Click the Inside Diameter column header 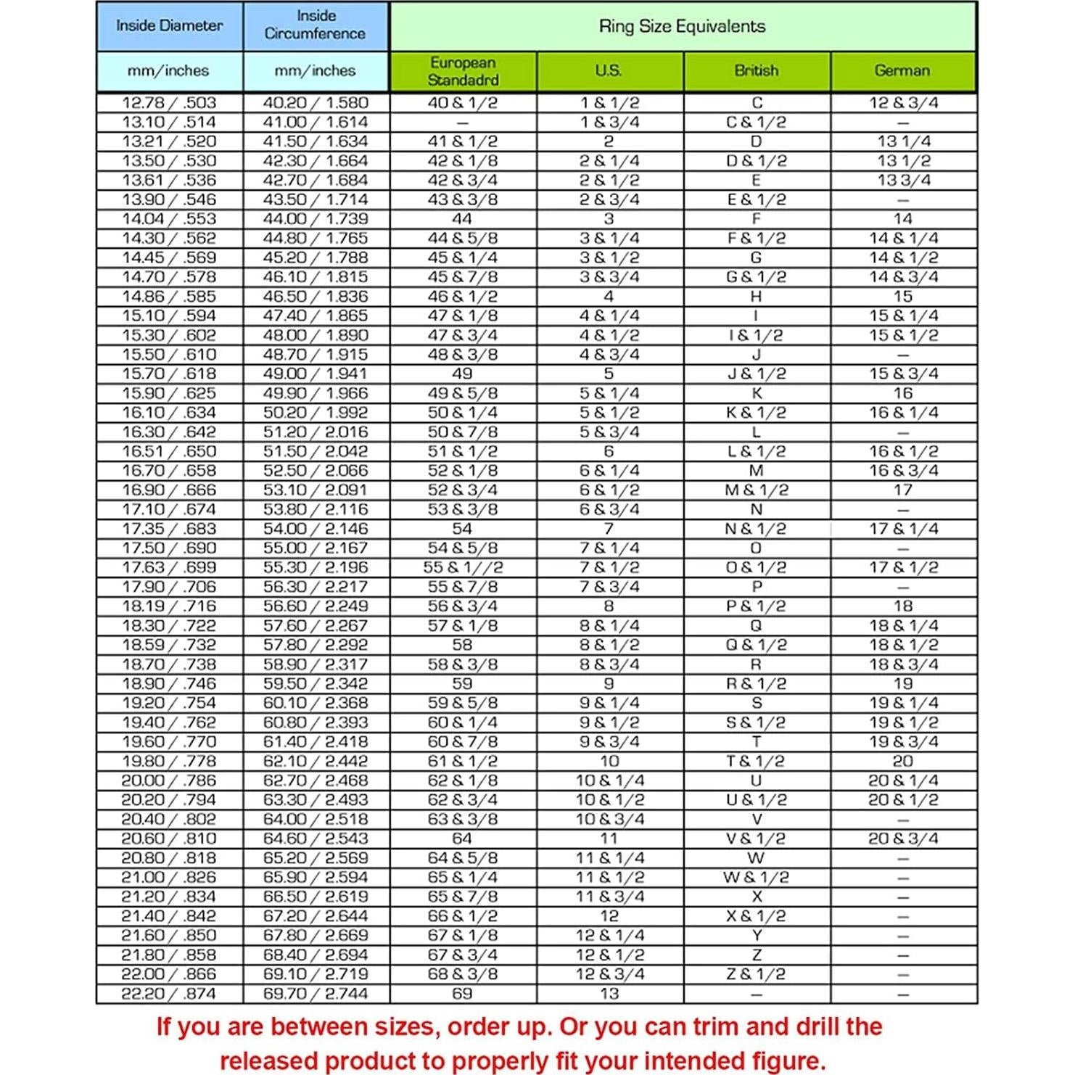pyautogui.click(x=169, y=26)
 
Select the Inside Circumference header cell pyautogui.click(x=315, y=25)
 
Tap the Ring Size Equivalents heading pyautogui.click(x=682, y=27)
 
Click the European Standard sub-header pyautogui.click(x=462, y=71)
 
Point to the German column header pyautogui.click(x=902, y=71)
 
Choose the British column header pyautogui.click(x=756, y=71)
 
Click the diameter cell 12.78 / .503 pyautogui.click(x=169, y=103)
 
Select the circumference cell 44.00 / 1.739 pyautogui.click(x=316, y=219)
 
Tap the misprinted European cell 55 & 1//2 pyautogui.click(x=463, y=568)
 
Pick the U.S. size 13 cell pyautogui.click(x=609, y=994)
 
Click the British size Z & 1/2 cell pyautogui.click(x=756, y=974)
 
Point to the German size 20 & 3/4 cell pyautogui.click(x=903, y=839)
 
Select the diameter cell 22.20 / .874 pyautogui.click(x=169, y=994)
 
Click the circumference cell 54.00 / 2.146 pyautogui.click(x=316, y=529)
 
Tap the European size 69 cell pyautogui.click(x=462, y=994)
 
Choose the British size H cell pyautogui.click(x=756, y=297)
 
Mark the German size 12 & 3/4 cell pyautogui.click(x=903, y=103)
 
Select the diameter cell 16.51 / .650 pyautogui.click(x=169, y=451)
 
